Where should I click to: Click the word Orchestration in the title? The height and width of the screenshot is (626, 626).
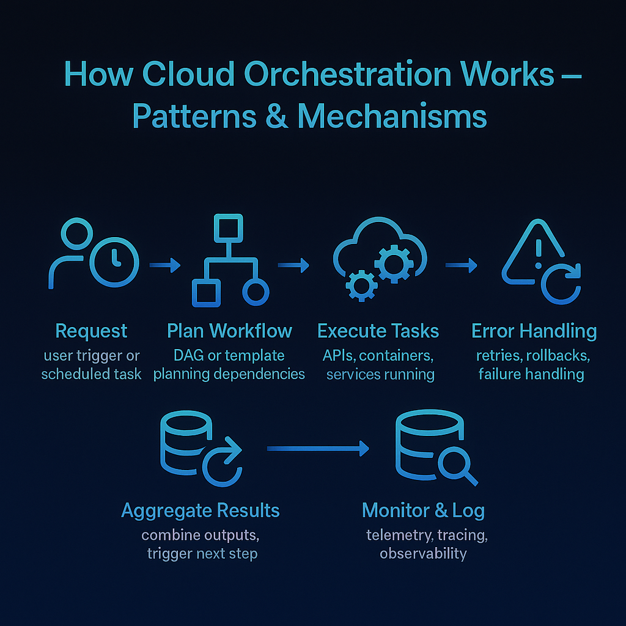tap(347, 74)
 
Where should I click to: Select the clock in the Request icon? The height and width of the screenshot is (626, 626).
tap(114, 262)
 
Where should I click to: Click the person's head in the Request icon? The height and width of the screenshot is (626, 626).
tap(76, 234)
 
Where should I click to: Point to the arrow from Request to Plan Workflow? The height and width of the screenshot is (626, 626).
tap(165, 265)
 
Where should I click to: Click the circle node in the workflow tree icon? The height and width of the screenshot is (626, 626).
tap(256, 292)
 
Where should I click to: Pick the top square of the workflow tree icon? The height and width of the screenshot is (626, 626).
tap(229, 229)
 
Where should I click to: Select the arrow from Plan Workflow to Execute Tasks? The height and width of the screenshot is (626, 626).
tap(293, 265)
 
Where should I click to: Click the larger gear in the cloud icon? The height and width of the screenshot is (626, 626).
tap(394, 264)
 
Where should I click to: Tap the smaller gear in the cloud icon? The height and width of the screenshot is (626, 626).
tap(361, 286)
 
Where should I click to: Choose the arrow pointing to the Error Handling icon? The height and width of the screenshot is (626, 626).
tap(462, 265)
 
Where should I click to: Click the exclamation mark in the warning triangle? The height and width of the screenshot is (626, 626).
tap(539, 254)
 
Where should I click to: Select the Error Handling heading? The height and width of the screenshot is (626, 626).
tap(534, 331)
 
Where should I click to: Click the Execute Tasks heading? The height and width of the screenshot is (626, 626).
tap(378, 331)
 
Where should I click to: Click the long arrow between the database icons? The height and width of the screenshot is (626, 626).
tap(318, 448)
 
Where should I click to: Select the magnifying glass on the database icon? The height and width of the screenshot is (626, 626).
tap(458, 466)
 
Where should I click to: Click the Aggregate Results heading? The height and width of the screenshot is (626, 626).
tap(201, 510)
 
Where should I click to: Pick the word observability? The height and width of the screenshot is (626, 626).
tap(423, 553)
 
